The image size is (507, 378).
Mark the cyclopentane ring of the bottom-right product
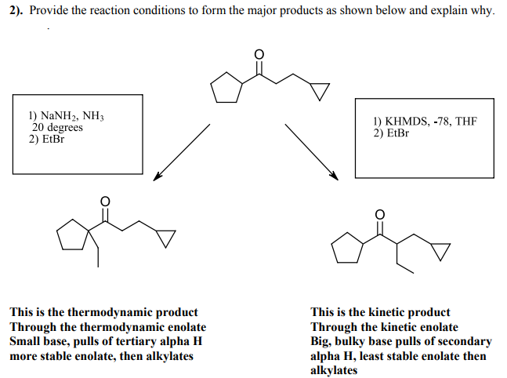(x=348, y=249)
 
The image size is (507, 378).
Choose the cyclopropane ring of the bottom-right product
(x=441, y=250)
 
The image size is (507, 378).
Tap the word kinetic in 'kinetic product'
(x=389, y=312)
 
